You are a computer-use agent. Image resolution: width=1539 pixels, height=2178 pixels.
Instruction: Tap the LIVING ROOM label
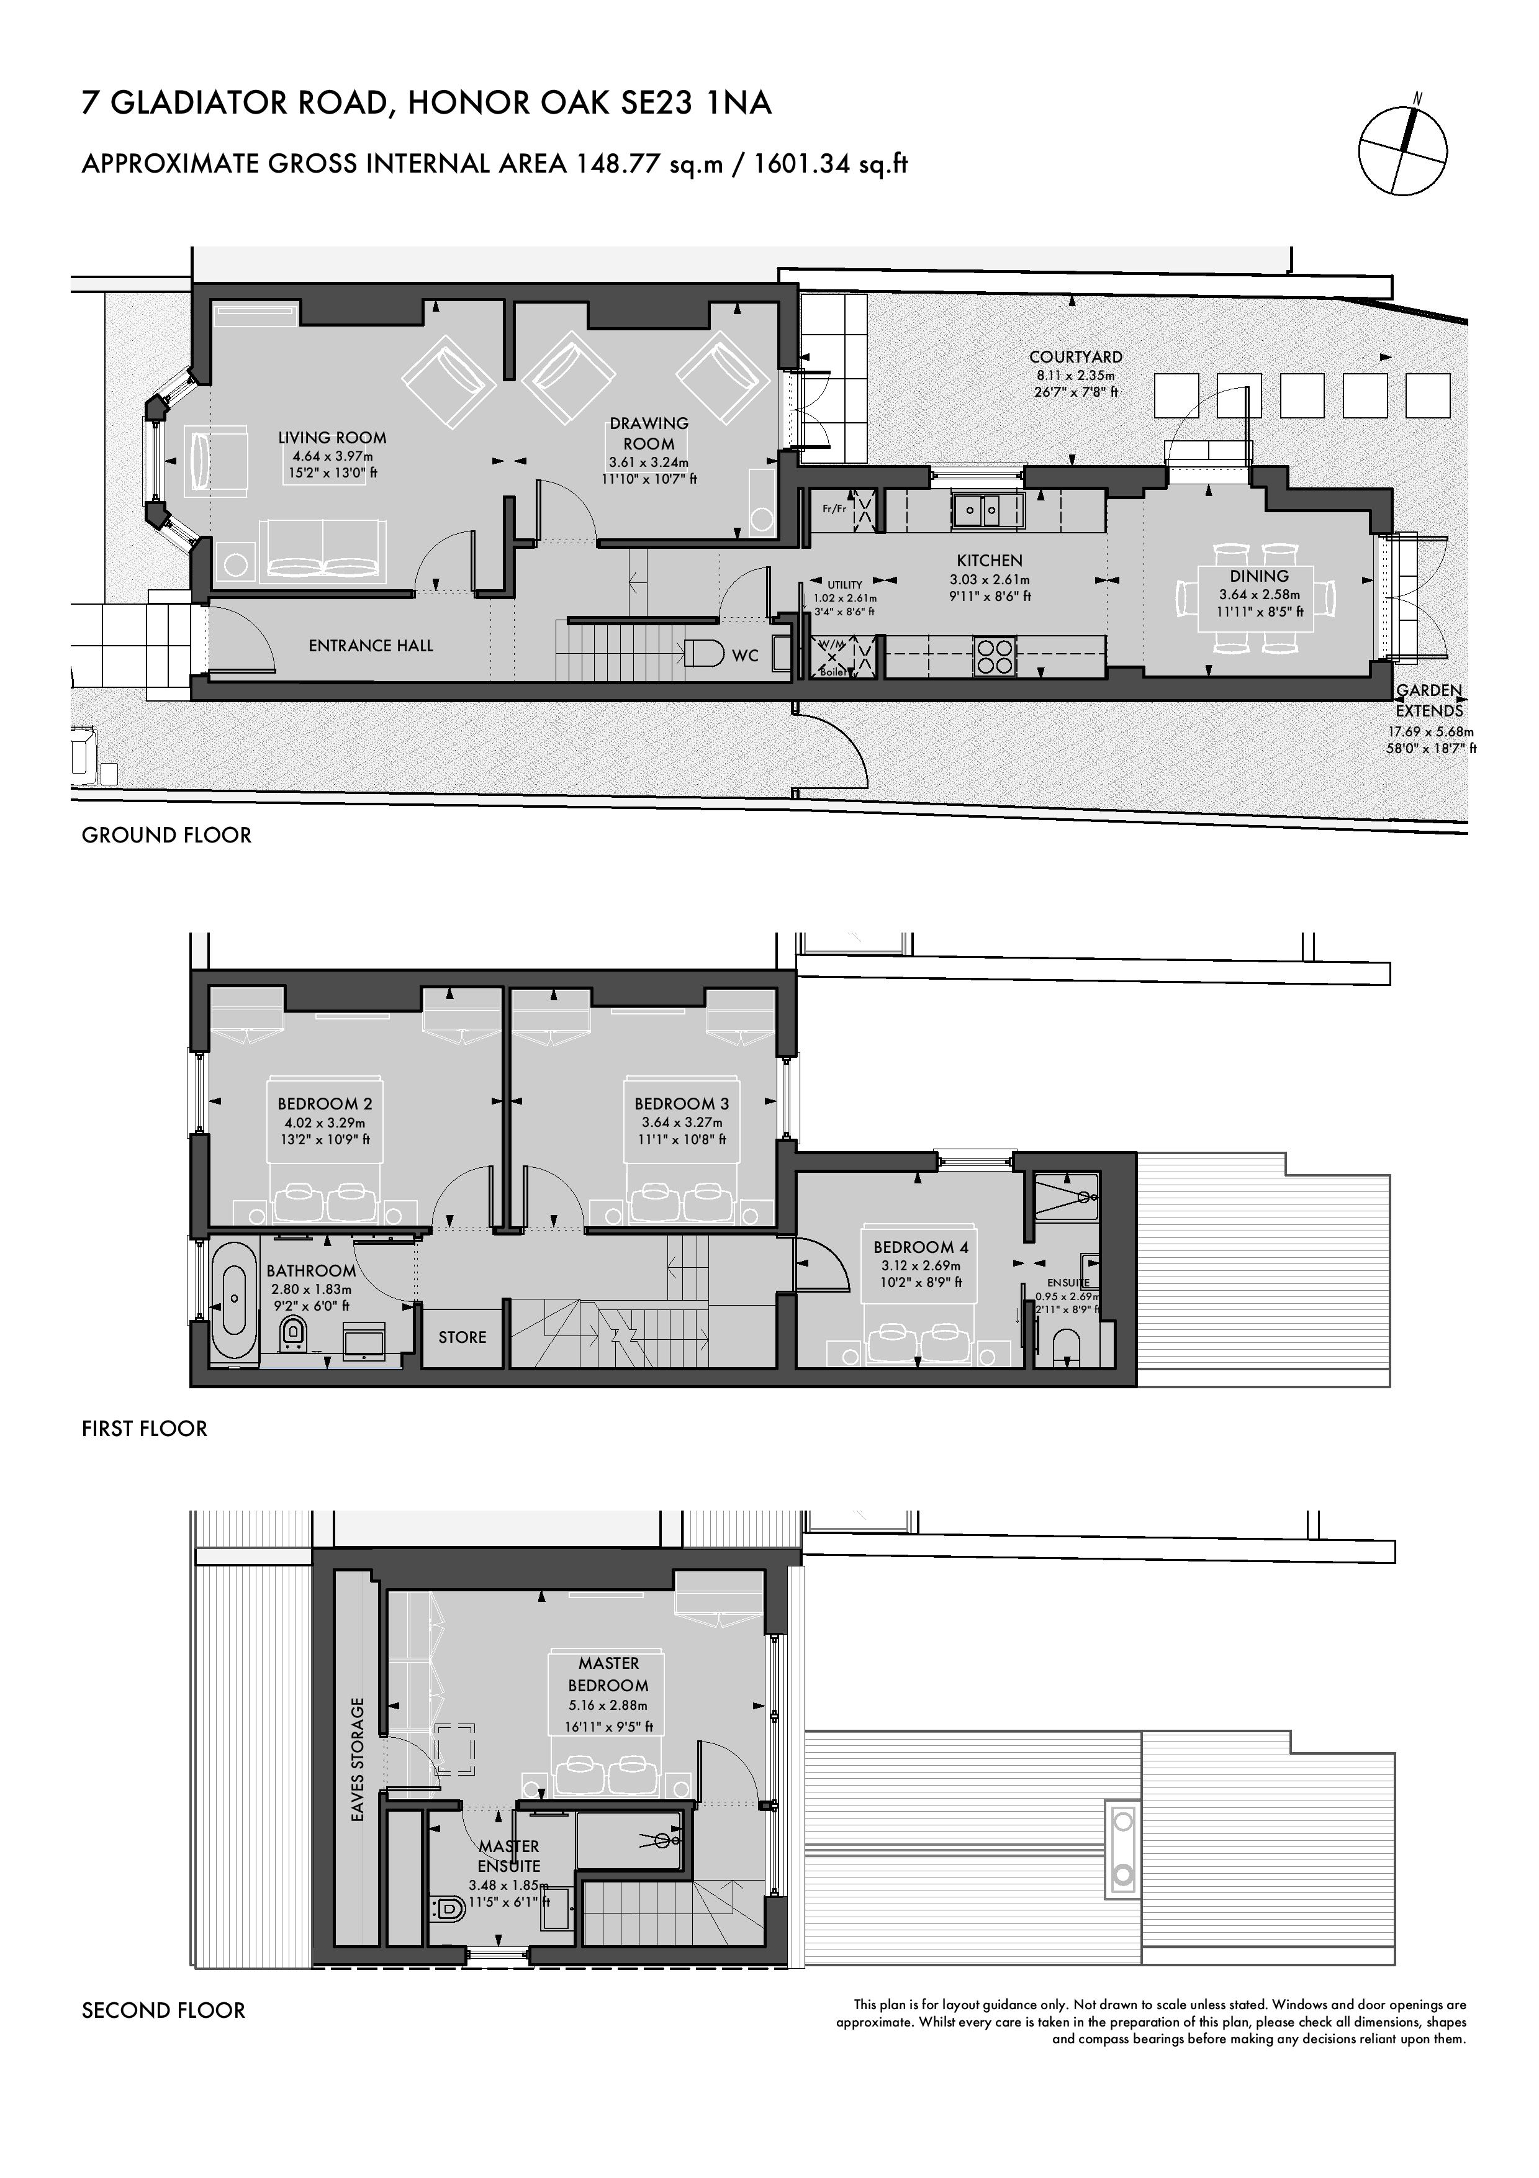pyautogui.click(x=332, y=437)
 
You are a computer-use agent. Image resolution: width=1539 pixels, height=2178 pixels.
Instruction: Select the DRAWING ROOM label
pyautogui.click(x=649, y=433)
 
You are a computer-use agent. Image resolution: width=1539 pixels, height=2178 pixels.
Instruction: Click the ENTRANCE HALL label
pyautogui.click(x=371, y=646)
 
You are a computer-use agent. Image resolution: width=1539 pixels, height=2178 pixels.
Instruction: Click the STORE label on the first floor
pyautogui.click(x=462, y=1337)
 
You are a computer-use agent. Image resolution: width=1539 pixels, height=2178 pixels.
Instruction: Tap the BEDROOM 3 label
pyautogui.click(x=681, y=1104)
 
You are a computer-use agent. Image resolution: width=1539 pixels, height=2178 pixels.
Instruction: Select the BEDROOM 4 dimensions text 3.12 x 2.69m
pyautogui.click(x=921, y=1265)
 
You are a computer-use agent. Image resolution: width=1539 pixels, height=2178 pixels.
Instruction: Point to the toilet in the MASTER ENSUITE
pyautogui.click(x=446, y=1908)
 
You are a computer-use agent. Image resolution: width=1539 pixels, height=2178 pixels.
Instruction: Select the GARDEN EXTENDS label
pyautogui.click(x=1429, y=700)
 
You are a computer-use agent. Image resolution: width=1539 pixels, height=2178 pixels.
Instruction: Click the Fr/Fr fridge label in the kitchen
pyautogui.click(x=834, y=509)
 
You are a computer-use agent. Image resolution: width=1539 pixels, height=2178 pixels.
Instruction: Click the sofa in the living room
pyautogui.click(x=324, y=549)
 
